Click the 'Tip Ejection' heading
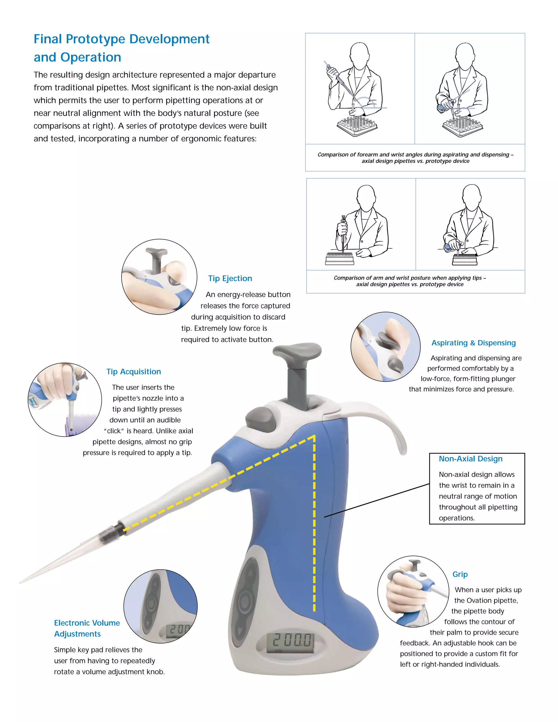pos(230,278)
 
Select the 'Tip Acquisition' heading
pos(134,372)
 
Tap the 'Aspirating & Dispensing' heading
pos(473,343)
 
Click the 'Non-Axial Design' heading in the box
pos(470,459)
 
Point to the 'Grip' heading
pos(460,574)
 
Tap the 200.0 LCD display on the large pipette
pos(291,641)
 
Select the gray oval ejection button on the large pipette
pos(260,418)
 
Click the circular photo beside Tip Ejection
pos(159,277)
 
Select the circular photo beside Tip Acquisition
pos(65,399)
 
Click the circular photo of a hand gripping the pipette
pos(413,591)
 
